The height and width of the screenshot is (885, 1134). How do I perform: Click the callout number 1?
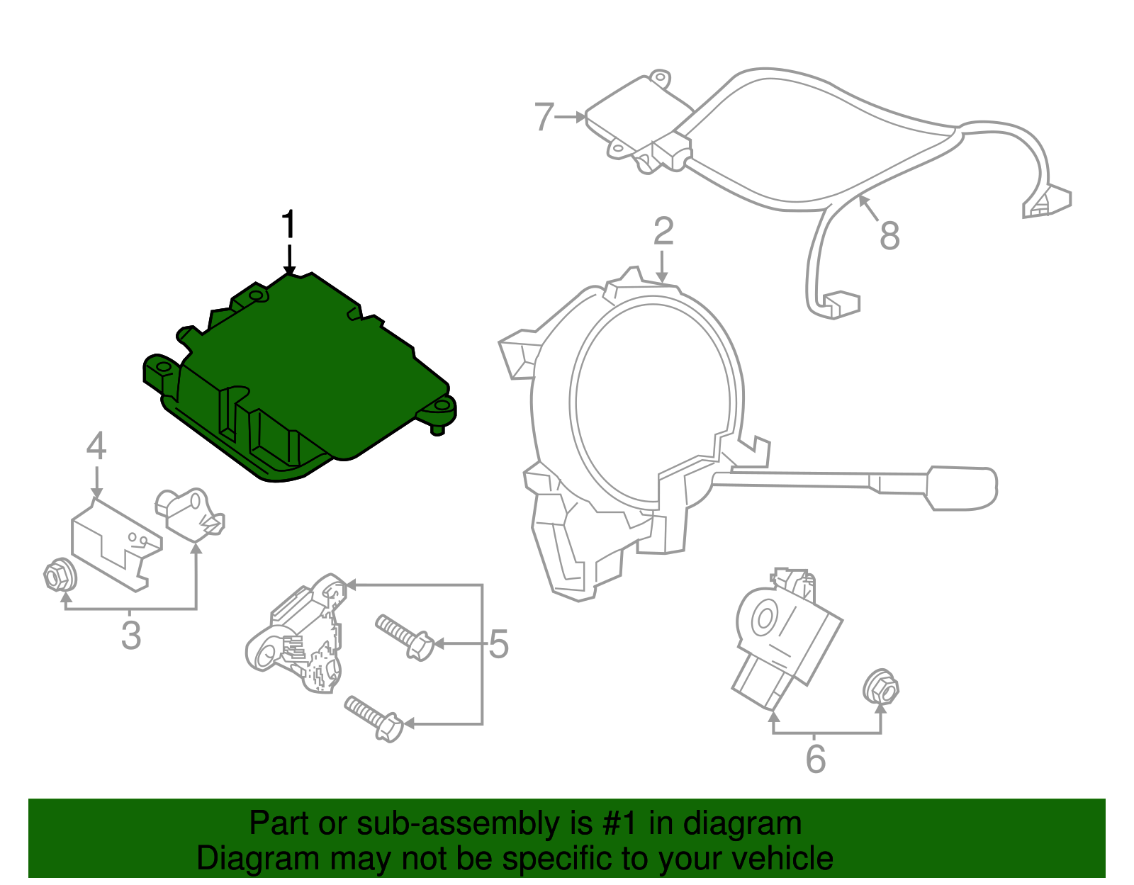point(288,225)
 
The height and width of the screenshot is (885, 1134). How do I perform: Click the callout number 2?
point(663,232)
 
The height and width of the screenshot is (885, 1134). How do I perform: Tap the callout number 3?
point(131,635)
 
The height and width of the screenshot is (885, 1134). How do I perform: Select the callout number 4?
point(96,446)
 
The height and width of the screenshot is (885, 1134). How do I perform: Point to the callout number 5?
point(499,644)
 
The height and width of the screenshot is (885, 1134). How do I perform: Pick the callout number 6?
point(816,759)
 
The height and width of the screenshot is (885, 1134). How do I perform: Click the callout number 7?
point(544,117)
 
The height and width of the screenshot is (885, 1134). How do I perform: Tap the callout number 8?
point(889,235)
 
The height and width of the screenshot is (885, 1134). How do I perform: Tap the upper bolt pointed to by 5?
point(405,636)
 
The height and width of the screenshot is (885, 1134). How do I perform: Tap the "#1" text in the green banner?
point(621,823)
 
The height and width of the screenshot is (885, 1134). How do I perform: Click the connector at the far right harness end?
point(1047,202)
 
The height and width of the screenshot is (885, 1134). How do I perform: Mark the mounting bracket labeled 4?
point(113,542)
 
